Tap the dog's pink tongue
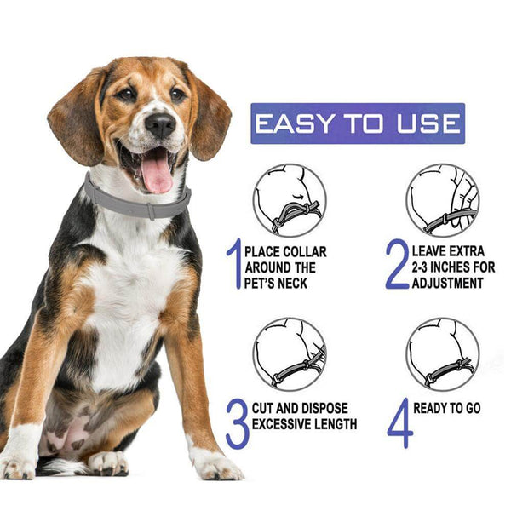pyautogui.click(x=157, y=174)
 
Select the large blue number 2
pyautogui.click(x=397, y=264)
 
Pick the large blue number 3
pyautogui.click(x=237, y=423)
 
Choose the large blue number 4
pyautogui.click(x=398, y=423)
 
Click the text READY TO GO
pyautogui.click(x=447, y=409)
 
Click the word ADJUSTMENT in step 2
pyautogui.click(x=452, y=282)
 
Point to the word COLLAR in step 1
pyautogui.click(x=302, y=252)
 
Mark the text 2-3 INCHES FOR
pyautogui.click(x=453, y=267)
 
